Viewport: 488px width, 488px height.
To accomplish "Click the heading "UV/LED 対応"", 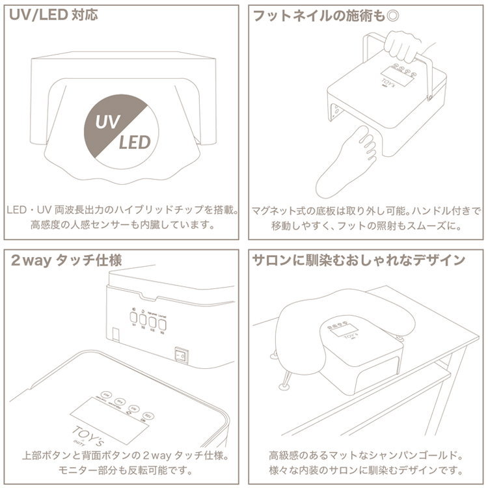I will [x=54, y=14].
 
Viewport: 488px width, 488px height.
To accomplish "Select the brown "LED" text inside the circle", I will [x=134, y=141].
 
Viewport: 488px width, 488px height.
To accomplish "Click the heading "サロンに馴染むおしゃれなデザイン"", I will [x=359, y=260].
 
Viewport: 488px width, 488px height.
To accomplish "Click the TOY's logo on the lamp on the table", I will [x=350, y=337].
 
